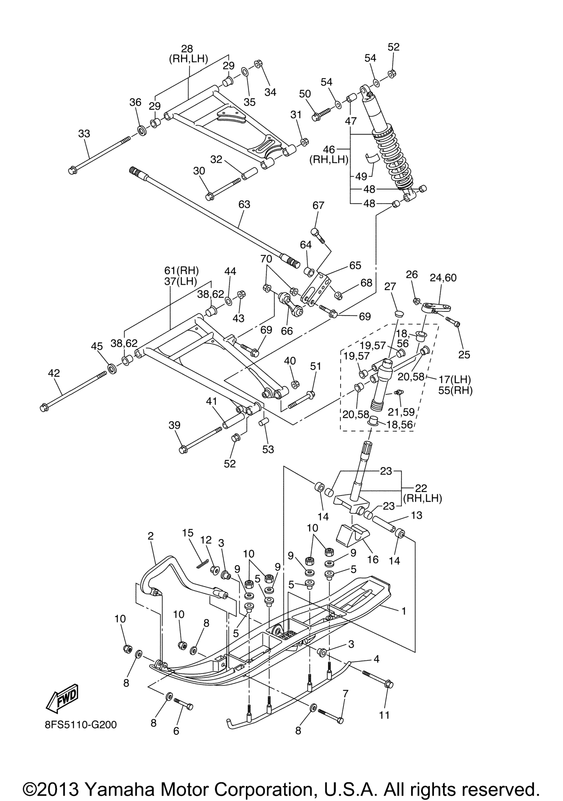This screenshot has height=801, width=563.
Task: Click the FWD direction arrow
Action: click(62, 698)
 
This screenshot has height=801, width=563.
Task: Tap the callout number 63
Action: click(244, 204)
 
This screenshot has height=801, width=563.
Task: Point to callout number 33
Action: click(84, 133)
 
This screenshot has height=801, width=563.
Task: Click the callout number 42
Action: click(54, 373)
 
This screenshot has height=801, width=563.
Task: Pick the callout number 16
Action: click(373, 560)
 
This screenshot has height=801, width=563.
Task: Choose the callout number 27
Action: click(390, 287)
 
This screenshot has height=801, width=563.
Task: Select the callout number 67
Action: click(318, 205)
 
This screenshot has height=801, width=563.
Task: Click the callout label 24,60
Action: click(443, 278)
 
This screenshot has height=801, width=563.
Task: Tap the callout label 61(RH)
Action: click(181, 270)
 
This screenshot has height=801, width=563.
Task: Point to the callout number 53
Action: click(268, 450)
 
